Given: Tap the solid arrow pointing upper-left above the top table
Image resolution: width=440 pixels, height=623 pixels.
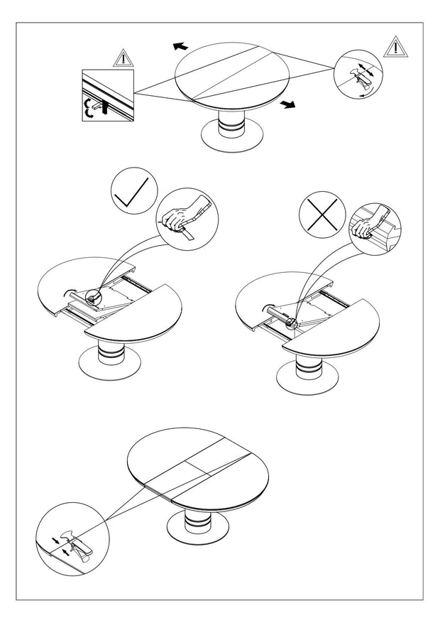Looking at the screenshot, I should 180,46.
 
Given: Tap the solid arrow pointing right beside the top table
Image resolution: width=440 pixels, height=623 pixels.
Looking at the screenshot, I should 287,104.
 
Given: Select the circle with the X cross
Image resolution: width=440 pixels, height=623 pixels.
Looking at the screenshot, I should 320,211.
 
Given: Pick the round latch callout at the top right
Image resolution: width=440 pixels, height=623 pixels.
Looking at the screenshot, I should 358,74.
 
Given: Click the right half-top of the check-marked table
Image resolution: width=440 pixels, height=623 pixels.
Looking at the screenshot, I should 138,313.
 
